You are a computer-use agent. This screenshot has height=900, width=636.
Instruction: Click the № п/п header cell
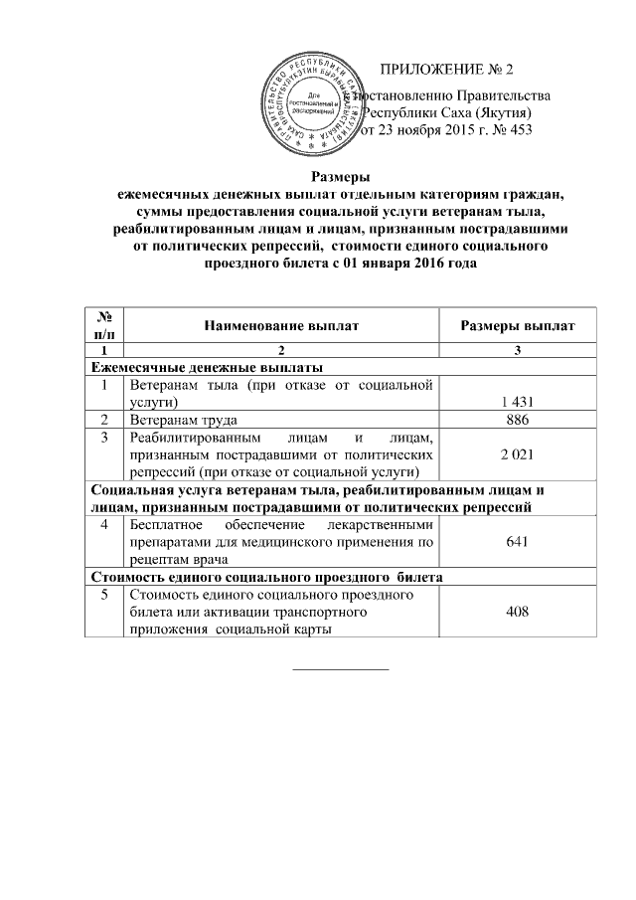[x=103, y=325]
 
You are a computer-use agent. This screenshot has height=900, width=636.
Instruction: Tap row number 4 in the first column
[x=103, y=524]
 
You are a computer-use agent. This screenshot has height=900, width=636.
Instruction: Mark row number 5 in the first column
[x=103, y=595]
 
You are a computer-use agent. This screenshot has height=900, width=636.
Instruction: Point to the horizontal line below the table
[x=340, y=667]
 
